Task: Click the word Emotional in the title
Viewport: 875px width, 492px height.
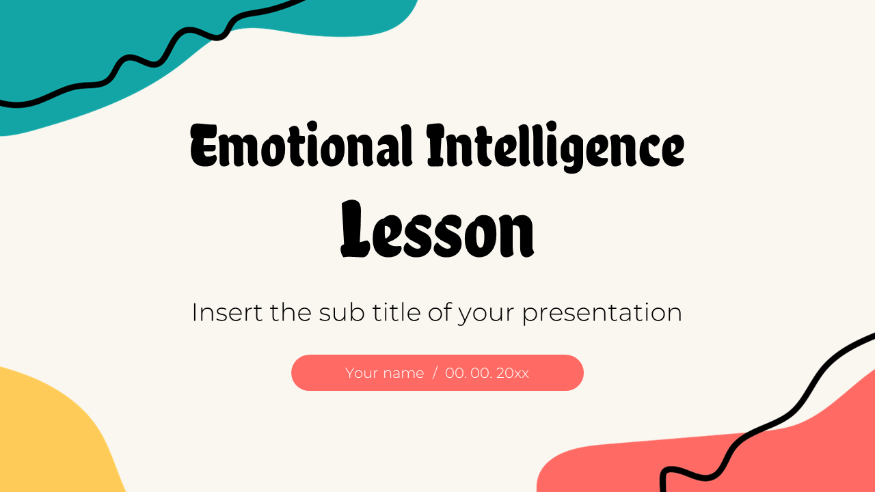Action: (x=301, y=147)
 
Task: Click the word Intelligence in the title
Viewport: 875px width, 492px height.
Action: (x=555, y=147)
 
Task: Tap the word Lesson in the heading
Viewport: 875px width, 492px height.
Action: (x=437, y=229)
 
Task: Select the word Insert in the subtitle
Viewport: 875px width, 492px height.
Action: (x=226, y=312)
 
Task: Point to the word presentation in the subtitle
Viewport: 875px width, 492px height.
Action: (x=602, y=314)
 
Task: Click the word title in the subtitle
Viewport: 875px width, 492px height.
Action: (x=395, y=312)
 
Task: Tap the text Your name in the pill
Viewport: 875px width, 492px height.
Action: (x=384, y=373)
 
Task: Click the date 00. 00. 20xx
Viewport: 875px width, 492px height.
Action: (x=487, y=373)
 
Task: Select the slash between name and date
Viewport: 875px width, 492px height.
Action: (x=434, y=373)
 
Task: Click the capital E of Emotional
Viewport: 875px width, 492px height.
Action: (x=204, y=146)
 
